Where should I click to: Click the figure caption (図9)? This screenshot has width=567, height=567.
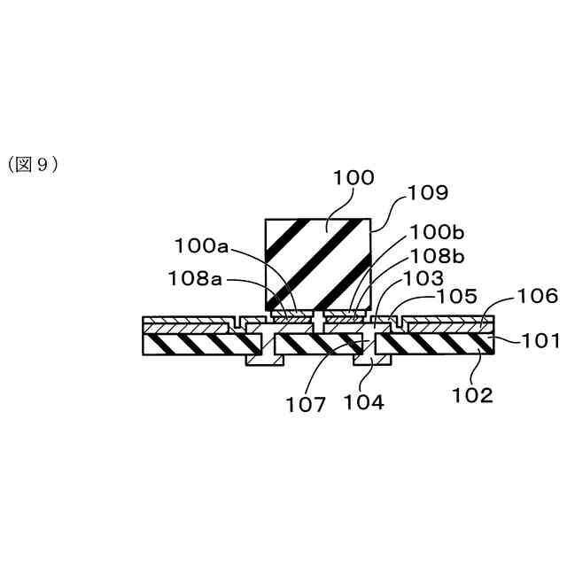(x=33, y=165)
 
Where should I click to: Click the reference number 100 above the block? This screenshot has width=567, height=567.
(x=353, y=178)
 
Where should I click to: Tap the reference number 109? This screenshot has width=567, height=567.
(x=427, y=192)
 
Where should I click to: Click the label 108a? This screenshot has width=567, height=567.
(x=196, y=278)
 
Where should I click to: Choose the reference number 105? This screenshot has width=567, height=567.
(x=457, y=295)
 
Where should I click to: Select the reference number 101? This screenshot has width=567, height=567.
(x=538, y=338)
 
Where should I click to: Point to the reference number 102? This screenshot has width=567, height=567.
(x=471, y=395)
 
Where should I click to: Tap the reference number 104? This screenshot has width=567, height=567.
(x=364, y=401)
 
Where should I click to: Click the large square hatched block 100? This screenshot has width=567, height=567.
(x=317, y=262)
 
